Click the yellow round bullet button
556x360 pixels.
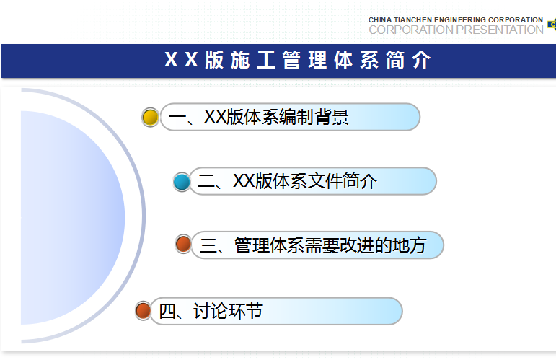150,117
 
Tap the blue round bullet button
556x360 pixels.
182,182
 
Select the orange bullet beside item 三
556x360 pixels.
184,245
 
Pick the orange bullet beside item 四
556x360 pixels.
144,310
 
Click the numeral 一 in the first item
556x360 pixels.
177,118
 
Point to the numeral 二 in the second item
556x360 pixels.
206,181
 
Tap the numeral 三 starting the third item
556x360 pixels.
208,245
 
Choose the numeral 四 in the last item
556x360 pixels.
167,312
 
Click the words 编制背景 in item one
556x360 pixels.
314,117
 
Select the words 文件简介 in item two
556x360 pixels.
343,181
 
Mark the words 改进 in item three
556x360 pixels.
356,245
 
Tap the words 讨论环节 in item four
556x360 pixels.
228,311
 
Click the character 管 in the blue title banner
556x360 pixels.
291,60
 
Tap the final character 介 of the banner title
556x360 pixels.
421,60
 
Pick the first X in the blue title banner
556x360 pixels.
171,59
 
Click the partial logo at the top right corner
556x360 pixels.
552,24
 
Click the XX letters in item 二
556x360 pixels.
244,181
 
